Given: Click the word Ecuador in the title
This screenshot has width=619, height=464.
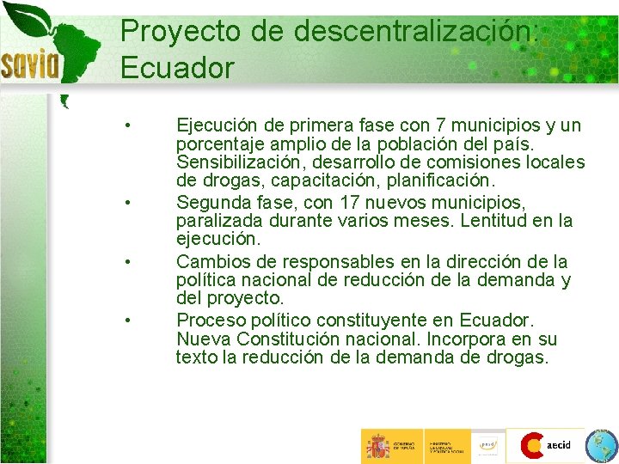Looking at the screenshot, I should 177,67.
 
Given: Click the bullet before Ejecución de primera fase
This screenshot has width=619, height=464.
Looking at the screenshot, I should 126,125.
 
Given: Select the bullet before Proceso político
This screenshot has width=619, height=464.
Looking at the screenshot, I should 126,320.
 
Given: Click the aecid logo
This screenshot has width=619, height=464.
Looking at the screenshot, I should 546,445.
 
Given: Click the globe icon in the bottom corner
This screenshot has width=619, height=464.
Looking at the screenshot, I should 600,446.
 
